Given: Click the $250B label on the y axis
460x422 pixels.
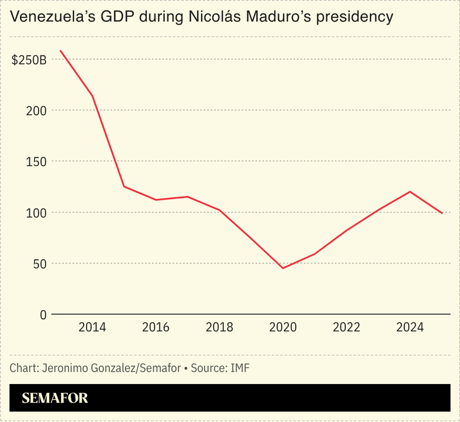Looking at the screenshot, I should (x=29, y=60).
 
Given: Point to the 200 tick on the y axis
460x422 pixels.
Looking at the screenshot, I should (x=38, y=111).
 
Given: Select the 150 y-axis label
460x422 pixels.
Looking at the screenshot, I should (x=38, y=162).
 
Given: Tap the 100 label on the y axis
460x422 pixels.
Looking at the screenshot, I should (x=38, y=213).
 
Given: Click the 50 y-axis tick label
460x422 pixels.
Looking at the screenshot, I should (x=40, y=264).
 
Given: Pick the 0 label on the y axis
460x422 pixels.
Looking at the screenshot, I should (x=44, y=315).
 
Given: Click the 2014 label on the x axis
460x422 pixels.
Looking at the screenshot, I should (x=92, y=328).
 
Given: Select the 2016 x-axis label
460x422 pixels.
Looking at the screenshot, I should (x=156, y=328).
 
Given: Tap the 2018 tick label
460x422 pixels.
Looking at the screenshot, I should (x=219, y=328).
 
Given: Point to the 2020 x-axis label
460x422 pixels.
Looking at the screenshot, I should (x=283, y=328).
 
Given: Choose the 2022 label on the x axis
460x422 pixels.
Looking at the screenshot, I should (x=346, y=328).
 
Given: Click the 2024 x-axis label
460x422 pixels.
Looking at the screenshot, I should (x=410, y=328).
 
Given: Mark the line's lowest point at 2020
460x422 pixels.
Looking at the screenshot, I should (x=283, y=268).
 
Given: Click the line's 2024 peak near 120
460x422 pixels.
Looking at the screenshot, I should (x=410, y=192).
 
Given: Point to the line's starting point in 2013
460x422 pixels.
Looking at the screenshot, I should (x=60, y=51).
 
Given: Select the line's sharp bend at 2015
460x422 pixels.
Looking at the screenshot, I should (x=124, y=187).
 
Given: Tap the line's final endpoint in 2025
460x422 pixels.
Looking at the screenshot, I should (x=442, y=213).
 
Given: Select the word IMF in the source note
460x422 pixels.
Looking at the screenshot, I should (x=240, y=368).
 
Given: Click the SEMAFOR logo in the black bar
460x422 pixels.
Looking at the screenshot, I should (x=55, y=398).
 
